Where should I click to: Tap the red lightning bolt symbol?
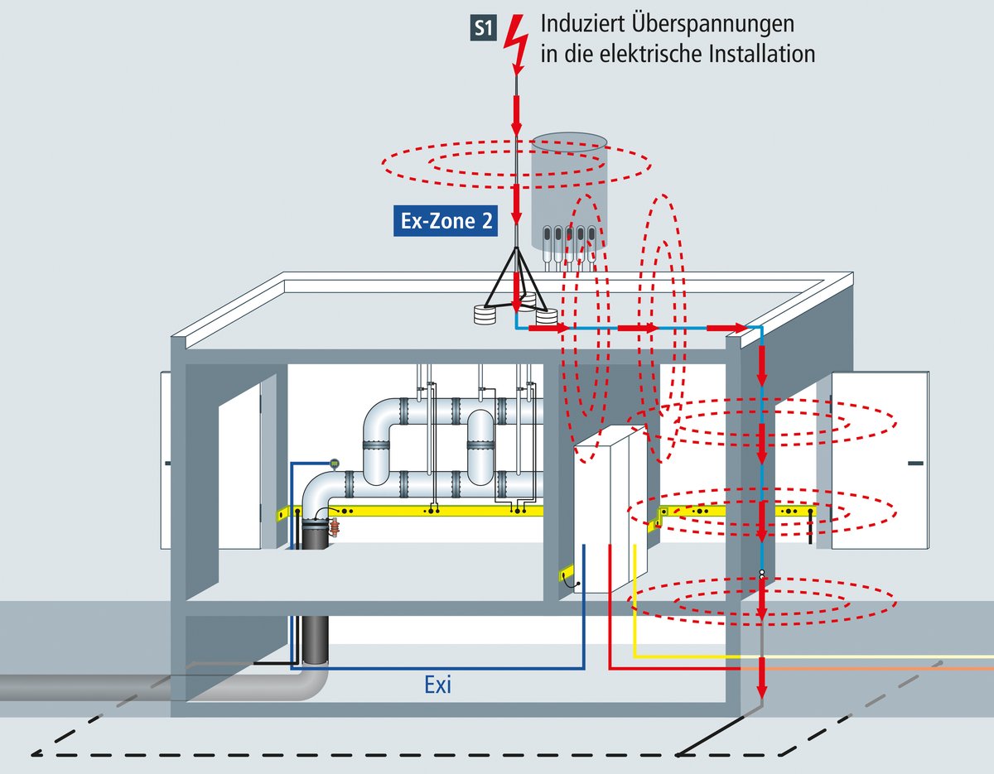point(516,41)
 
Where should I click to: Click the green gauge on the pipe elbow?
point(334,463)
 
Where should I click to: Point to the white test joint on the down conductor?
point(761,573)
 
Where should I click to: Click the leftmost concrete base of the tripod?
point(484,315)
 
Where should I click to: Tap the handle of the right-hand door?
point(914,464)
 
